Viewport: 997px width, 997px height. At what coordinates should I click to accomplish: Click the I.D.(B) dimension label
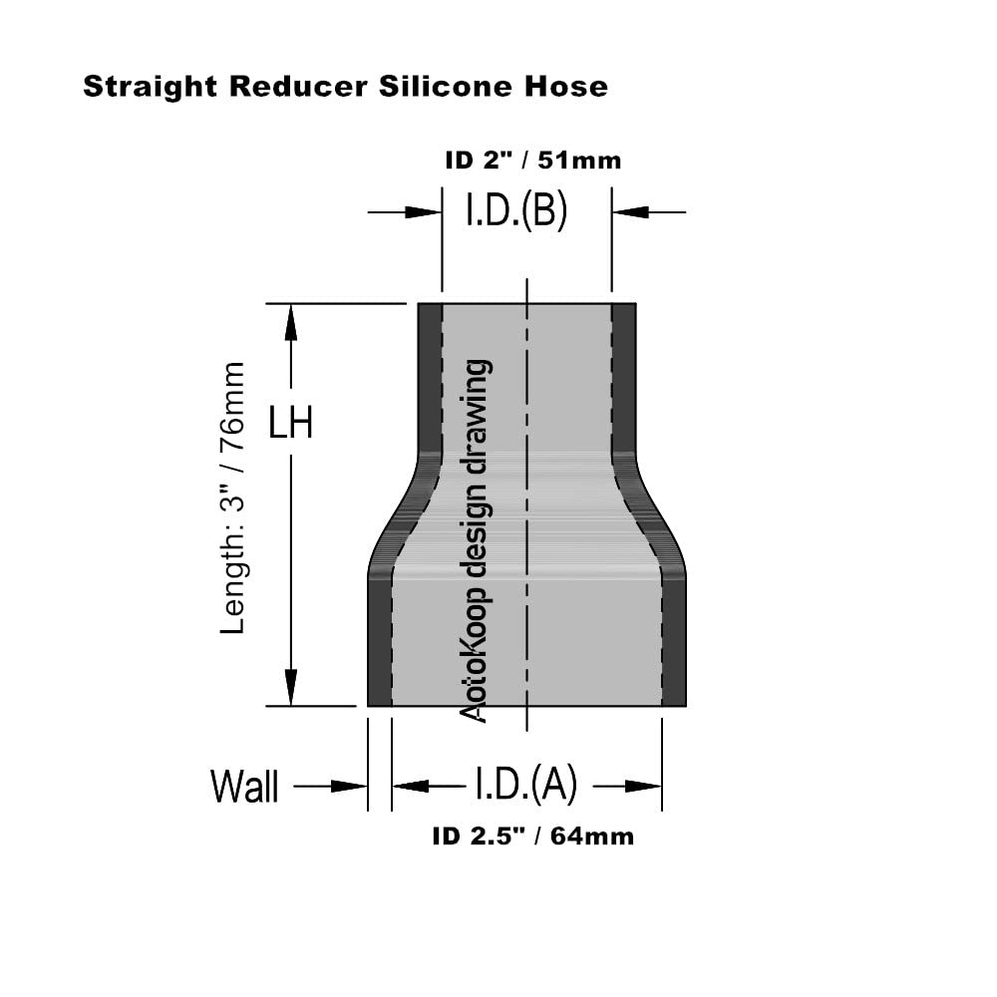point(516,211)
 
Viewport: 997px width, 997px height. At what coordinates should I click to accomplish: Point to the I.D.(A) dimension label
point(524,786)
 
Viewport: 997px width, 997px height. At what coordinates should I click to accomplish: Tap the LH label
point(291,424)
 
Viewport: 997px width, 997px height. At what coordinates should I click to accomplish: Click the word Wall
point(244,787)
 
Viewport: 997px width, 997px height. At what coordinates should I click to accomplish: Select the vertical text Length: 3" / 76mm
point(232,498)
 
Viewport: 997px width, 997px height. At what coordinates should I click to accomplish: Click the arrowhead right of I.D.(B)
point(628,211)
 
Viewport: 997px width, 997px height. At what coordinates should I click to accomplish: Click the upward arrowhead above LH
point(291,321)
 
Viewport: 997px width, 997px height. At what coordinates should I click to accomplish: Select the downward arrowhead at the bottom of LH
point(291,688)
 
